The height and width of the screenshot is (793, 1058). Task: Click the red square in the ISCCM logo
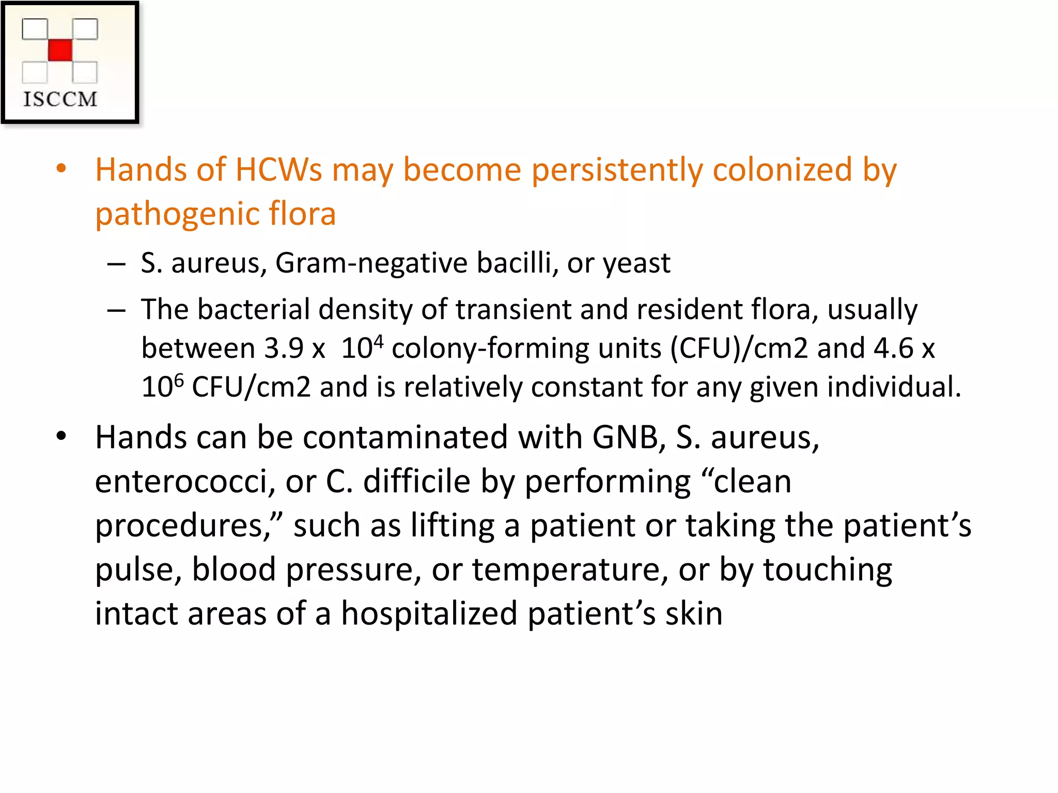coord(60,50)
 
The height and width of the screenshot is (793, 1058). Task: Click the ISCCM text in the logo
coord(60,99)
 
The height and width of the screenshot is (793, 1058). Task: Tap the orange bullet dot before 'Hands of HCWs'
coord(61,168)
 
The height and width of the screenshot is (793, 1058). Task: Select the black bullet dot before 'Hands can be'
coord(61,436)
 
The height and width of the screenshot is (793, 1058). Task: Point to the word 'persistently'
coord(617,170)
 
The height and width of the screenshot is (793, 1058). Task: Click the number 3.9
coord(284,348)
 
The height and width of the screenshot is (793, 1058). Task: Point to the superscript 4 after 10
coord(379,341)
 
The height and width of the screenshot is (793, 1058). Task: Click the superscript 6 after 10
coord(179,380)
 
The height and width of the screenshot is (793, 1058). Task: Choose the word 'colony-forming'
coord(490,349)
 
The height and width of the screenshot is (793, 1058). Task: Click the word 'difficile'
coord(416,482)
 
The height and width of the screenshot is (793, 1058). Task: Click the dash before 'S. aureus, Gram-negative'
coord(117,264)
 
